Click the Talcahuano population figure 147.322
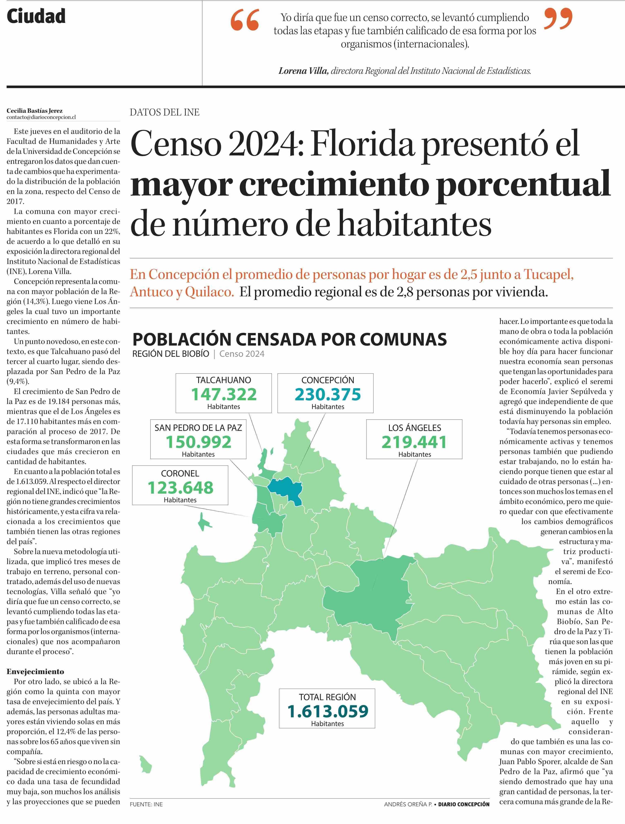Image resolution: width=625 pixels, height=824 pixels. [x=224, y=394]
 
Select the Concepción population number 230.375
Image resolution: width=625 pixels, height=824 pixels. [x=328, y=394]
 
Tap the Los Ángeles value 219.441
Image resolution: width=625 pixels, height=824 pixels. [x=414, y=442]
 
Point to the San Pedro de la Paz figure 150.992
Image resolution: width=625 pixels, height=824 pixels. [x=199, y=442]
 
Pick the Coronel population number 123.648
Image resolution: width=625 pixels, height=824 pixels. [x=180, y=488]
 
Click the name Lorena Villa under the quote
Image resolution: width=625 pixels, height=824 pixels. [x=304, y=71]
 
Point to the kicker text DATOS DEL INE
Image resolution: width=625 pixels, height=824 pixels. [x=165, y=112]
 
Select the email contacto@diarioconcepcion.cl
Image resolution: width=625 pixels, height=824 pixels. [x=41, y=117]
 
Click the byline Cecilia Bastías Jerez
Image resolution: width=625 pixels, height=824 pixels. [x=35, y=111]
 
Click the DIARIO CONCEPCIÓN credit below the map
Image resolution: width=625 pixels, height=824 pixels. [x=464, y=815]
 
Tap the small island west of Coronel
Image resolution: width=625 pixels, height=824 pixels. [x=205, y=523]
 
